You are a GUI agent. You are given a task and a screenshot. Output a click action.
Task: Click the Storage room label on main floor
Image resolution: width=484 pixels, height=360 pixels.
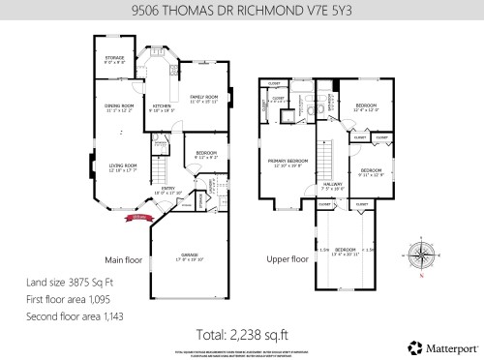[114, 61]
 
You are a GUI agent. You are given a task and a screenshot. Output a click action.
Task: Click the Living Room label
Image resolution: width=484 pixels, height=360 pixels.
[123, 167]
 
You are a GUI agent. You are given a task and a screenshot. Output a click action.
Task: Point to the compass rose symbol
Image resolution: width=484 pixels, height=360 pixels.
[421, 254]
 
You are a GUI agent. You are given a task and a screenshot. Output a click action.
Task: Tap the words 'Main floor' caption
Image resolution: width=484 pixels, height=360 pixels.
[124, 260]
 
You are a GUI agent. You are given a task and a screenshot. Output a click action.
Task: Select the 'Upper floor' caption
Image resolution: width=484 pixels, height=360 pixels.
[287, 260]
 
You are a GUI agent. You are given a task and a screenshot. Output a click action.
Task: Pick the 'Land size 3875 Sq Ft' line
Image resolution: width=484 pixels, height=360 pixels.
[70, 282]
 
